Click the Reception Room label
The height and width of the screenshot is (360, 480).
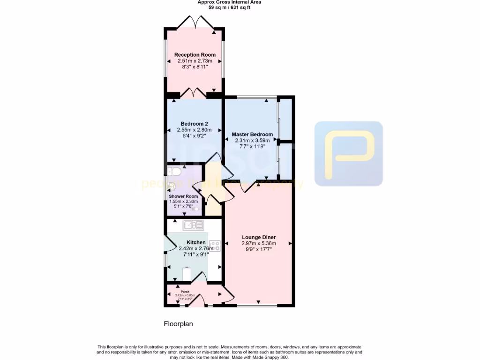point(195,55)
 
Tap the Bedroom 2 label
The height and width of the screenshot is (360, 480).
point(194,124)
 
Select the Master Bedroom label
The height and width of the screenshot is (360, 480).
point(252,135)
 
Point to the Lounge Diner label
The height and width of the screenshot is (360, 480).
point(259,237)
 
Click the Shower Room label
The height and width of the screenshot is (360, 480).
point(183,196)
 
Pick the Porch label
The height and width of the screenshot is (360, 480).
point(185,292)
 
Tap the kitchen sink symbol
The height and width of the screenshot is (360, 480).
point(193,225)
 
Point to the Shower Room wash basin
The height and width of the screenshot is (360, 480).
point(170,187)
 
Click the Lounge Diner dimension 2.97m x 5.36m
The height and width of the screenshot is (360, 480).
point(259,243)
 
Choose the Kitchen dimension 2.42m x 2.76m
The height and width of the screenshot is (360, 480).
point(196,248)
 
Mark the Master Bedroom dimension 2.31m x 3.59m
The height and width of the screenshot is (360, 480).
point(252,140)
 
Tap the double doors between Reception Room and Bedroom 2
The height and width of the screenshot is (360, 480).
point(194,93)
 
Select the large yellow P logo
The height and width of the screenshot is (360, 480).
point(349,153)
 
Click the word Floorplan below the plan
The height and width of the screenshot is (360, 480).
point(178,324)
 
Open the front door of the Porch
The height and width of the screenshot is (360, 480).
point(198,300)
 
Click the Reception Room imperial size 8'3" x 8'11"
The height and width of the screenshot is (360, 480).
point(195,67)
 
